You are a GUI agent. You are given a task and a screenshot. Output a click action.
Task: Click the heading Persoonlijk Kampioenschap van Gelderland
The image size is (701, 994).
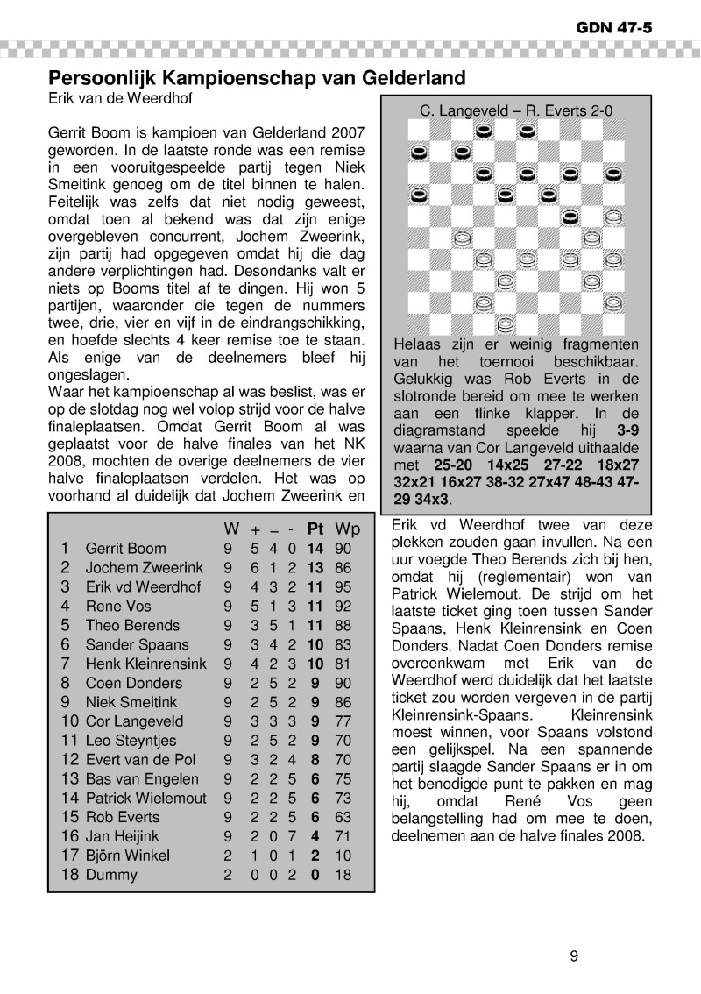[256, 77]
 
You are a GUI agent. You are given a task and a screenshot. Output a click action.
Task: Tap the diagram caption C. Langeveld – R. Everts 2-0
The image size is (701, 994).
[516, 111]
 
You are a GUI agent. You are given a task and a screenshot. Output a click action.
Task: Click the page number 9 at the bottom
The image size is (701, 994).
[574, 955]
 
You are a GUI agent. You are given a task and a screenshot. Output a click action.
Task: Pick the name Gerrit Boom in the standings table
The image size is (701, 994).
[125, 549]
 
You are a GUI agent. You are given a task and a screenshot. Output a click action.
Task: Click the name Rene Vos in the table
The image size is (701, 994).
[118, 606]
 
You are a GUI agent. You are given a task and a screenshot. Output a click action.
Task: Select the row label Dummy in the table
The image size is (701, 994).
[111, 875]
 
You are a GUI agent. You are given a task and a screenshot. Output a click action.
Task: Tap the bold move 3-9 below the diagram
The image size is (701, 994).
[627, 431]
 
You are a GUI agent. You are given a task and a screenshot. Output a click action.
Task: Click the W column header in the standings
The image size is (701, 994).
[231, 529]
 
